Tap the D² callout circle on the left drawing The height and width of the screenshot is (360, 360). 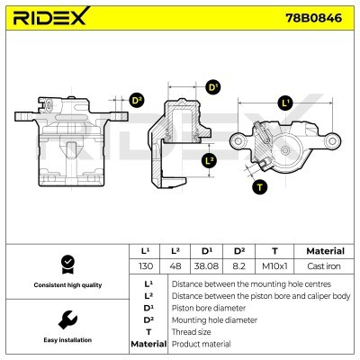pyautogui.click(x=136, y=101)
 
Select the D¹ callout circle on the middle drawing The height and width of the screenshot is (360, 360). pyautogui.click(x=213, y=87)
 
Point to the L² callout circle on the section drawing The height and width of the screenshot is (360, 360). pyautogui.click(x=209, y=161)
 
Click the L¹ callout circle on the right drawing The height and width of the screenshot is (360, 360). pyautogui.click(x=285, y=103)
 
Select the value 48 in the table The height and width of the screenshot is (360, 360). pyautogui.click(x=176, y=267)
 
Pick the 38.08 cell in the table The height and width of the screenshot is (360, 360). pyautogui.click(x=207, y=267)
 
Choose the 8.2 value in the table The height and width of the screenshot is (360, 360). pyautogui.click(x=238, y=267)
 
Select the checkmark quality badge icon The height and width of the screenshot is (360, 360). pyautogui.click(x=65, y=264)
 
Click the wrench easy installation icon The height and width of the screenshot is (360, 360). pyautogui.click(x=65, y=319)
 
